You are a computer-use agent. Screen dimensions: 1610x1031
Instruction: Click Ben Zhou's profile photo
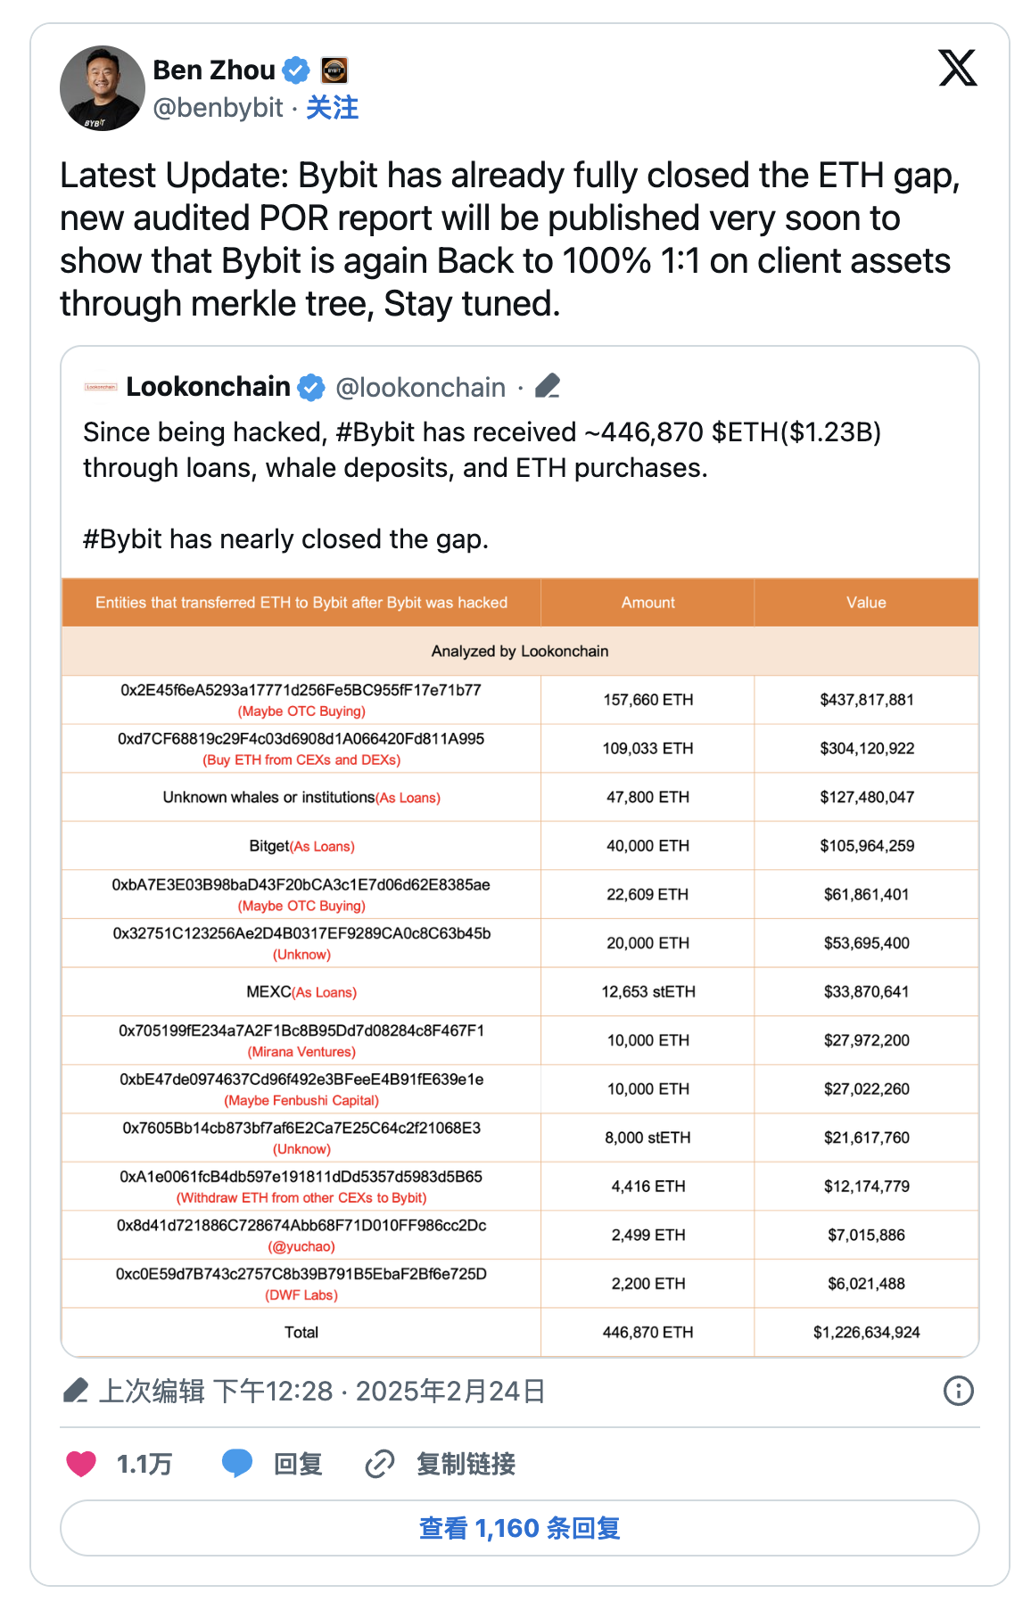pos(102,88)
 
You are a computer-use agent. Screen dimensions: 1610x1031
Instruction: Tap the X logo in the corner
pos(958,69)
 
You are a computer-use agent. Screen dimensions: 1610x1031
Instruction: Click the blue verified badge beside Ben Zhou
pos(296,70)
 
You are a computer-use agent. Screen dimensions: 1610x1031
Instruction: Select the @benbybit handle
pos(218,108)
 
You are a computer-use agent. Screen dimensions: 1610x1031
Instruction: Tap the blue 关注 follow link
pos(332,108)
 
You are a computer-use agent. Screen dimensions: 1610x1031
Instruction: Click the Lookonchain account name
pos(208,387)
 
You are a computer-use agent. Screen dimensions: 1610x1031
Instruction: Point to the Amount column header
pos(647,603)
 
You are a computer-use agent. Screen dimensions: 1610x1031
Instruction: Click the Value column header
pos(866,603)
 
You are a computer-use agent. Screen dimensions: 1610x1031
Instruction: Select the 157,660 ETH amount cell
pos(647,700)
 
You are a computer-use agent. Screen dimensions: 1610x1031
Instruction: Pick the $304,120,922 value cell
pos(866,749)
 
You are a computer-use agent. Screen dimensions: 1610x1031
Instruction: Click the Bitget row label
pos(269,846)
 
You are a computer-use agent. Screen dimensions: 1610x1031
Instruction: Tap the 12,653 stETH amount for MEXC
pos(647,991)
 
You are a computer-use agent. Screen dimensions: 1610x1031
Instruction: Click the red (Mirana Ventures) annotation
pos(301,1052)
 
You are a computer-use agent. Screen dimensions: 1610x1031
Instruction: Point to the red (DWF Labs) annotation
pos(301,1295)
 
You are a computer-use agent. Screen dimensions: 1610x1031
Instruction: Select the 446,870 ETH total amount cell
pos(647,1332)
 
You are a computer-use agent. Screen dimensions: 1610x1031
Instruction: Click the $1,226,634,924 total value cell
pos(866,1332)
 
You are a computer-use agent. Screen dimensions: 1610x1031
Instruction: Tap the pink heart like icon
pos(81,1464)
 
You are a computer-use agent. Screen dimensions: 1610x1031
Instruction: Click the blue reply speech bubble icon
pos(237,1464)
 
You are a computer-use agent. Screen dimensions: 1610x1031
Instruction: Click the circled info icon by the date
pos(958,1391)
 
